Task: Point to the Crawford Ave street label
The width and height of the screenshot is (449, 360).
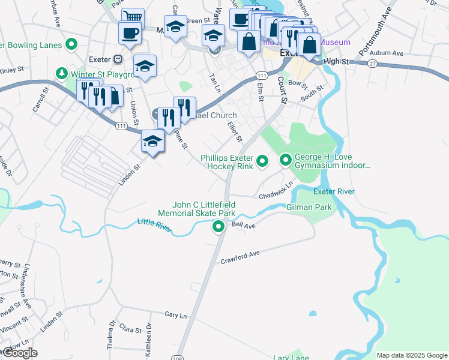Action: tap(240, 257)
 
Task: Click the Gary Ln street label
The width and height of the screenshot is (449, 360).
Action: tap(176, 314)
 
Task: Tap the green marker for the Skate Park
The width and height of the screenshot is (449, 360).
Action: tap(218, 227)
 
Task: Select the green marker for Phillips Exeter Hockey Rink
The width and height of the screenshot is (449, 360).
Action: tap(262, 161)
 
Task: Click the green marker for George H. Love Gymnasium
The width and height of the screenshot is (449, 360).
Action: tap(285, 160)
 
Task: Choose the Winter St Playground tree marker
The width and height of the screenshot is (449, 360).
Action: tap(61, 73)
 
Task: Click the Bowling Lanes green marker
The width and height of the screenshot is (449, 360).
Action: tap(72, 44)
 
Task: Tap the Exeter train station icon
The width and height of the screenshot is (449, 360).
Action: tap(118, 60)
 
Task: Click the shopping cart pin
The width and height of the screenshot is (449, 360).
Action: tap(133, 17)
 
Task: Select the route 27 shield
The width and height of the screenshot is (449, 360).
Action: tap(373, 64)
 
